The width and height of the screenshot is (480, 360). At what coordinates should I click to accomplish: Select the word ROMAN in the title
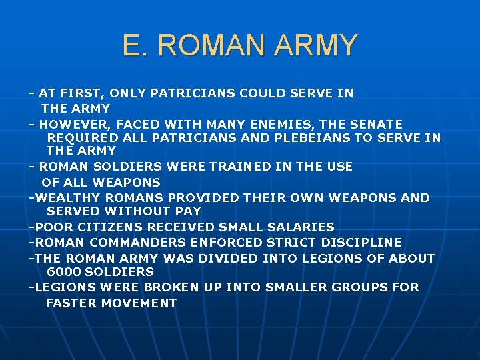pyautogui.click(x=213, y=45)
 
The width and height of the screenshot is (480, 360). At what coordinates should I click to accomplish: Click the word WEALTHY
pyautogui.click(x=65, y=197)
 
